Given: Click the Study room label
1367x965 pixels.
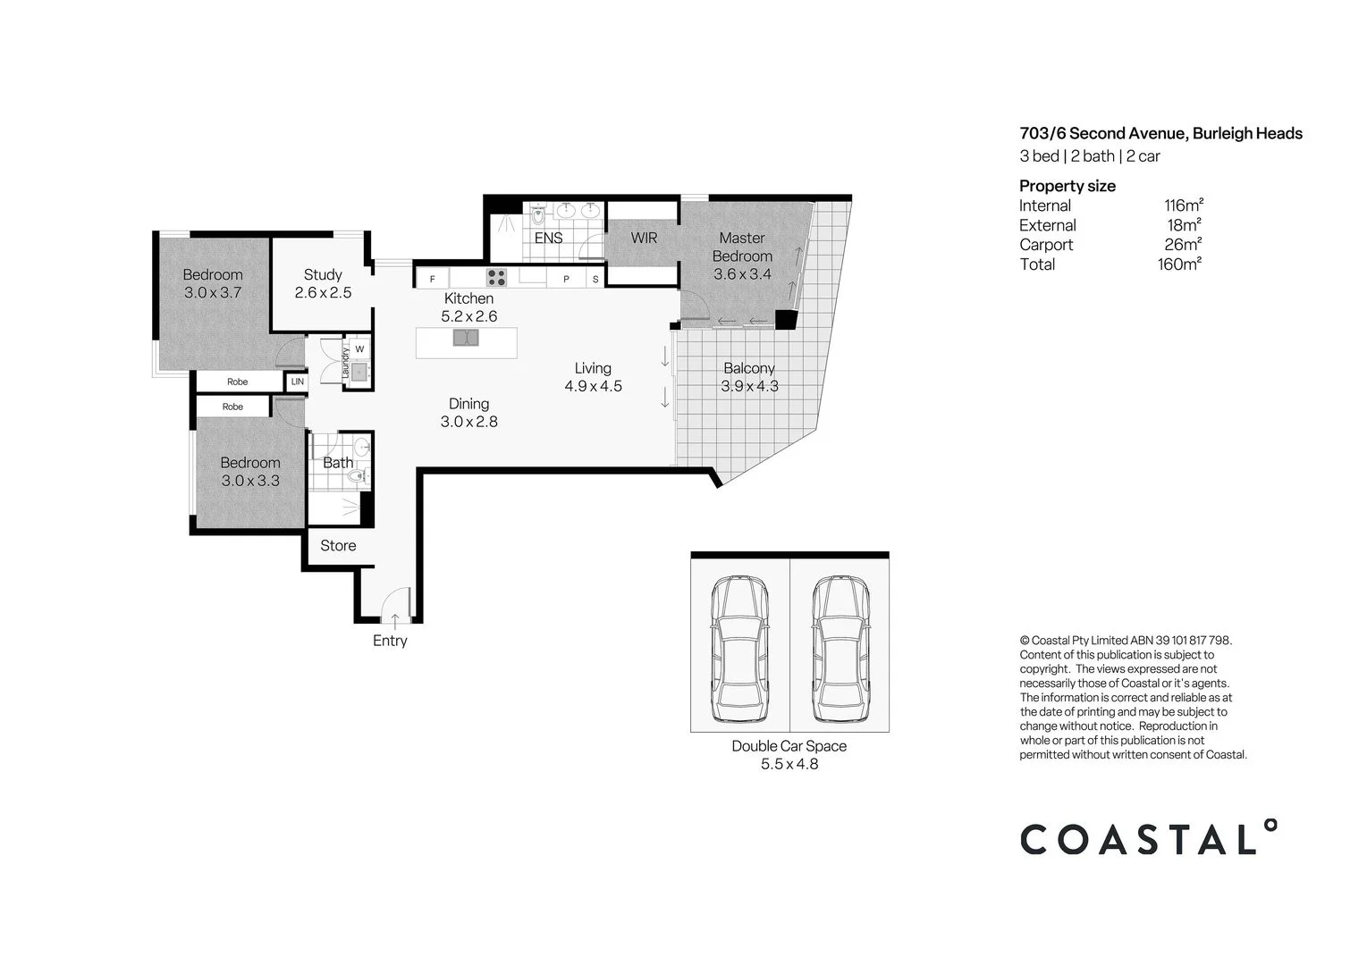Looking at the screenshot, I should pos(323,274).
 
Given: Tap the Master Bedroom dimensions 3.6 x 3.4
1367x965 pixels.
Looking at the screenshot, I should pos(742,274).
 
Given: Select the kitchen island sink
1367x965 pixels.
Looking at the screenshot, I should pos(465,338).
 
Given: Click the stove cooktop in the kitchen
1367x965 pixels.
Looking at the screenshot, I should pos(496,277).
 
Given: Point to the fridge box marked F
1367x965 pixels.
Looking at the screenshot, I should pos(433,279).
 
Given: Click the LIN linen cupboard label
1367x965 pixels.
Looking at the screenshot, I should pos(298,382).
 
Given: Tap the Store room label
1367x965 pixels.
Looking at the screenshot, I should pos(338,545).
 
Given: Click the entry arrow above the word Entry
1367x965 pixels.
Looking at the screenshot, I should pos(395,618).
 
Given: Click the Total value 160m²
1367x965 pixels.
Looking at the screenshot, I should pos(1179,264).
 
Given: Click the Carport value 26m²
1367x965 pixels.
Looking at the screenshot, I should pos(1183,244).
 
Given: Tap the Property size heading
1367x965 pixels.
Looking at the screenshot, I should pos(1067,186).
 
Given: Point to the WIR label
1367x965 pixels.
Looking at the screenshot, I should pos(644,238).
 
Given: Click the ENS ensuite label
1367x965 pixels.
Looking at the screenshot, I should pos(549,238).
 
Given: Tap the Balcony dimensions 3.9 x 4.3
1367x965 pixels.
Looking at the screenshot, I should pos(749,386).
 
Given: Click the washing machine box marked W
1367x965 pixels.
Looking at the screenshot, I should pos(359,348).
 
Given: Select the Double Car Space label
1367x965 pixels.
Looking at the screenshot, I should pos(789,746).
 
